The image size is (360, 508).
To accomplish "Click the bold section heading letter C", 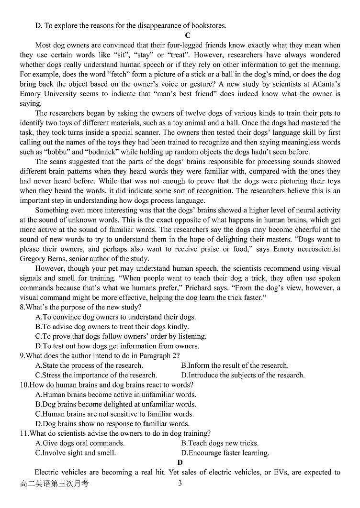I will [x=187, y=35].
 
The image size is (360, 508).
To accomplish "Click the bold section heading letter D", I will [x=180, y=462].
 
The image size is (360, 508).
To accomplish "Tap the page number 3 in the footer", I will [x=180, y=483].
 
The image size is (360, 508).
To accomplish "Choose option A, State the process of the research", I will [x=89, y=365].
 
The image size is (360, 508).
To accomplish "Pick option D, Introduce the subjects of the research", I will [x=242, y=375].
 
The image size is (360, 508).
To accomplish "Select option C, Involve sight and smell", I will [x=76, y=453].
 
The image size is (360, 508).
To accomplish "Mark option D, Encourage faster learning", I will [x=225, y=453].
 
